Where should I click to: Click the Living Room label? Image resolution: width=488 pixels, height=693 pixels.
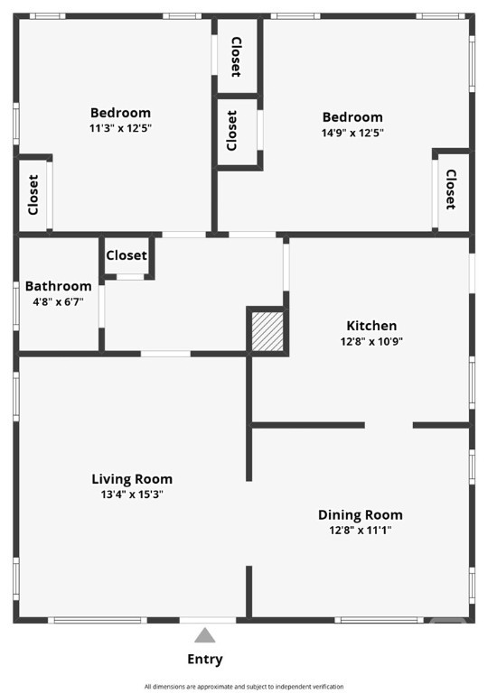[132, 479]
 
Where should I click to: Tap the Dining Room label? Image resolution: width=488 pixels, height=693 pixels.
[361, 515]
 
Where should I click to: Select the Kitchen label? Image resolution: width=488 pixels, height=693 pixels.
[371, 326]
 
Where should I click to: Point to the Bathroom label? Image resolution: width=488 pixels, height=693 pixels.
[59, 286]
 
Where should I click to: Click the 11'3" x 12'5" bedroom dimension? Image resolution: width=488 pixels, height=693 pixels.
[120, 128]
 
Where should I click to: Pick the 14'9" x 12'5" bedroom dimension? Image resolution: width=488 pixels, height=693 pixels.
[352, 133]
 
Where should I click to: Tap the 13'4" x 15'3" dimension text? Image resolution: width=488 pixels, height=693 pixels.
[132, 494]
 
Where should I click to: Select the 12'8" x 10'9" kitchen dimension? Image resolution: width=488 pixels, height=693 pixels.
[371, 341]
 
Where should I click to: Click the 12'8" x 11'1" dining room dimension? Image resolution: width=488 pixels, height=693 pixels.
[361, 530]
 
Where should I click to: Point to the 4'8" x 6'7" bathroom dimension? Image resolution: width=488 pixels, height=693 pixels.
[59, 302]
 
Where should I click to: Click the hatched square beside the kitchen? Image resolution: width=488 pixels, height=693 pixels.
[267, 331]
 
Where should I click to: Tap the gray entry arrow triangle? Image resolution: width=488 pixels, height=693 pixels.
[205, 635]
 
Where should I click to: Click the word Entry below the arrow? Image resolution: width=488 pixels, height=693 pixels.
[205, 659]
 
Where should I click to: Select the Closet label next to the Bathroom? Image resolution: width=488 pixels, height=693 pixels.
[127, 255]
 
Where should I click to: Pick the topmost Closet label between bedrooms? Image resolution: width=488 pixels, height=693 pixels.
[237, 57]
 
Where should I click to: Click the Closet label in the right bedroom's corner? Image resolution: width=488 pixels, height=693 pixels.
[451, 189]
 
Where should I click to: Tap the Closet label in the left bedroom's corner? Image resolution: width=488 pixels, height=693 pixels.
[33, 195]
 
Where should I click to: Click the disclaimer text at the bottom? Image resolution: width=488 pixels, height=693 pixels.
[244, 687]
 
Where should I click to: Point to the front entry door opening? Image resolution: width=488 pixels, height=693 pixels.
[208, 621]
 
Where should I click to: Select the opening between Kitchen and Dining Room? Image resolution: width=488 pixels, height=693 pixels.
[389, 425]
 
